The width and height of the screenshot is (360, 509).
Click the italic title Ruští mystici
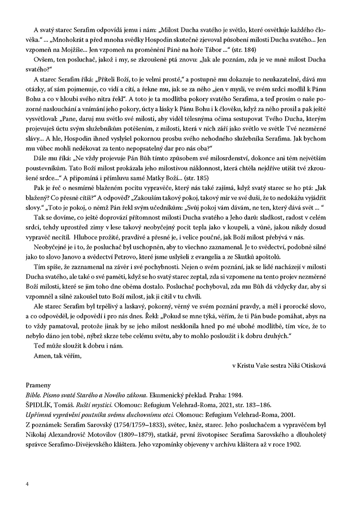click(x=91, y=405)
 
